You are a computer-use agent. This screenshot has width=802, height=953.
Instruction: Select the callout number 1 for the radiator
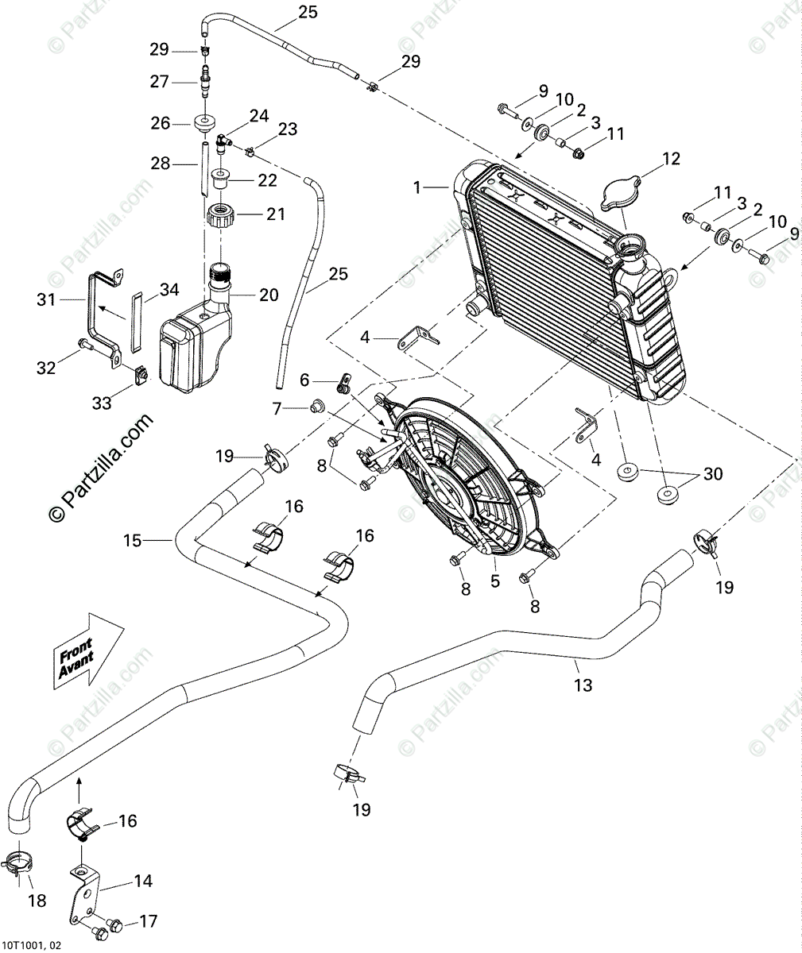[416, 188]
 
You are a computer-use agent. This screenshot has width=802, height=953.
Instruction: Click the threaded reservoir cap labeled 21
[223, 214]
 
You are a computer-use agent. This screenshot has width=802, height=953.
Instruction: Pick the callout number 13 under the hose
[583, 685]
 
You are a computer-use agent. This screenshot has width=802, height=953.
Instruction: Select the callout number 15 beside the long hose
[132, 541]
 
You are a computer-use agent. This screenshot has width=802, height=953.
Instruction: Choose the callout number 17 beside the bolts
[148, 921]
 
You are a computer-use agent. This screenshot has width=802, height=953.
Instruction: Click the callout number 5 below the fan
[495, 581]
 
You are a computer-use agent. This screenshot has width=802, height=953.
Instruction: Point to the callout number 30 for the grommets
[713, 474]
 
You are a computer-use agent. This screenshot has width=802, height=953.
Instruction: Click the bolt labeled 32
[83, 344]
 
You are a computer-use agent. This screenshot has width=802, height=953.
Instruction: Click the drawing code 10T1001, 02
[31, 945]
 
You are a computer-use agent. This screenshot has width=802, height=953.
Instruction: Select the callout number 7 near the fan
[277, 408]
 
